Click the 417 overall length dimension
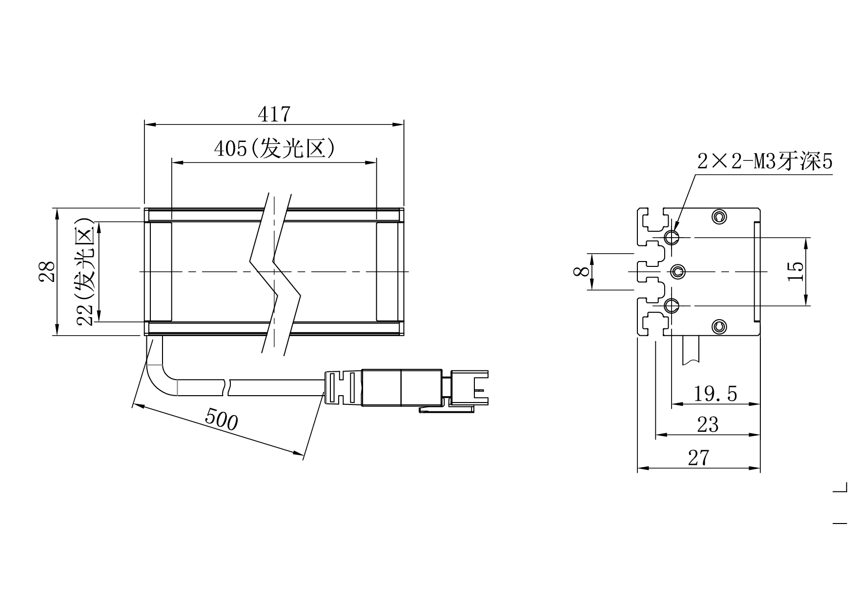274,115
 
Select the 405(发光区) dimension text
274,149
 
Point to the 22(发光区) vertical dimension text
85,271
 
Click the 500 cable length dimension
221,420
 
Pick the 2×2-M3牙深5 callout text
764,161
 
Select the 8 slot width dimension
581,272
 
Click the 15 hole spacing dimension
795,271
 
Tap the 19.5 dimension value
715,394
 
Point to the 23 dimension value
708,425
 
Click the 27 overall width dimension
698,458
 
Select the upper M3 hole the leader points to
672,238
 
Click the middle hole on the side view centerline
677,272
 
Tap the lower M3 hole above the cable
672,306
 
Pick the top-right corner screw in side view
719,217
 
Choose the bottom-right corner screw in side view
719,327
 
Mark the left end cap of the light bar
160,272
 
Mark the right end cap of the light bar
388,272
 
